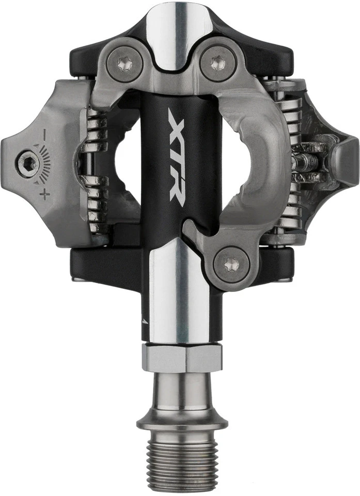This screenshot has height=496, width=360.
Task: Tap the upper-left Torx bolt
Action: coord(124,64)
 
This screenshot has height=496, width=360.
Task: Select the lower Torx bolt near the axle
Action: coord(231,264)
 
